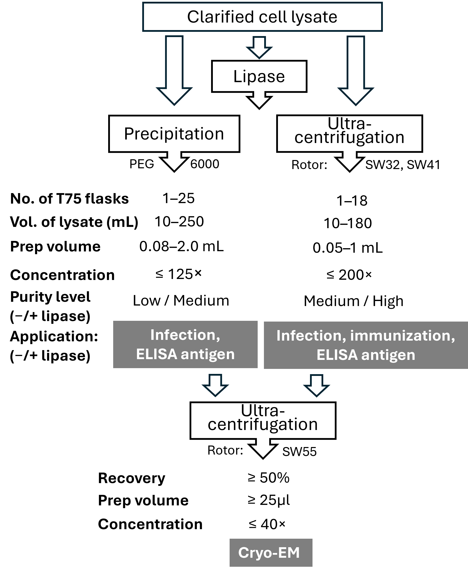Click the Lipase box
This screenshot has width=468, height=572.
pyautogui.click(x=259, y=76)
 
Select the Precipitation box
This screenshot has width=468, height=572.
pyautogui.click(x=174, y=134)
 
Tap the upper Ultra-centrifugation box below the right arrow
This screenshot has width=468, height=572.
pyautogui.click(x=349, y=133)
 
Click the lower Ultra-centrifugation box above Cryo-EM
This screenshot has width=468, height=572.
pyautogui.click(x=263, y=420)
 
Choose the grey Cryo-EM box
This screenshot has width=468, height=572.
pyautogui.click(x=271, y=553)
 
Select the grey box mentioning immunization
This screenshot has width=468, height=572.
pyautogui.click(x=366, y=345)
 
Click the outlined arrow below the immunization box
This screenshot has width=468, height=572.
pyautogui.click(x=317, y=386)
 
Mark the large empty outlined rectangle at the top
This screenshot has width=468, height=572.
pyautogui.click(x=262, y=17)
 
